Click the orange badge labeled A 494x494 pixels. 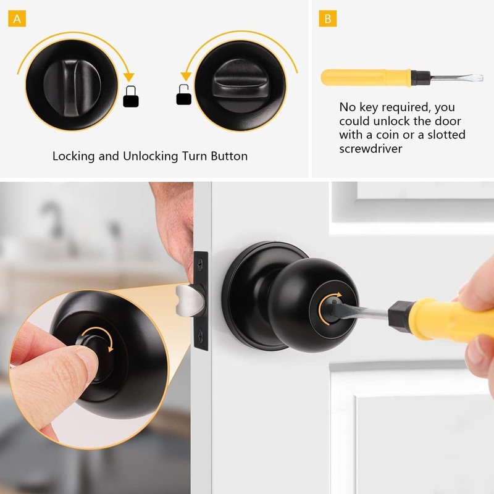click(17, 19)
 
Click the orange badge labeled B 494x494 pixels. click(327, 19)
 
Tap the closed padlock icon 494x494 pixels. click(130, 98)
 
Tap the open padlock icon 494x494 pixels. click(184, 95)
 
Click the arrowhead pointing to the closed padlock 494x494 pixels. click(129, 77)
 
